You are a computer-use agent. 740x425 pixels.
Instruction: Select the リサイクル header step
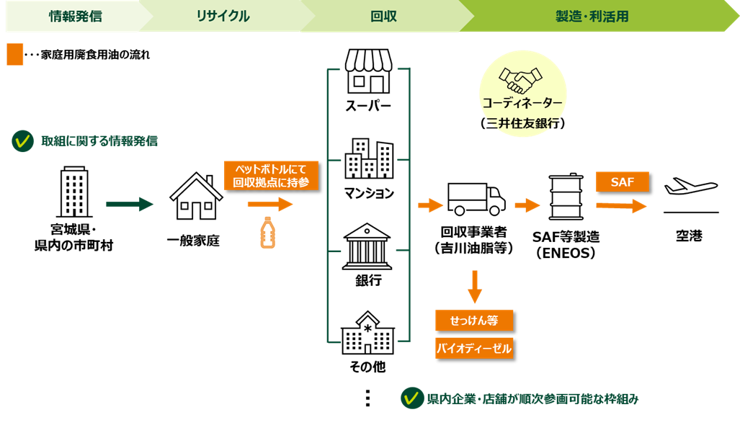click(x=223, y=16)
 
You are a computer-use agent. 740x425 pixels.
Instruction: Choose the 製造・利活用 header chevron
click(x=592, y=16)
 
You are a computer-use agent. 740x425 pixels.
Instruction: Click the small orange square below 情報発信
click(x=15, y=55)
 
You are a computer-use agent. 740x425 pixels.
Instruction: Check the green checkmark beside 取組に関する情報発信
click(x=22, y=141)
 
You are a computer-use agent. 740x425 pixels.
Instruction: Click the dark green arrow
click(x=130, y=205)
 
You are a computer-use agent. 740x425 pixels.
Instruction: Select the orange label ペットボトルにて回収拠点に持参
click(x=271, y=175)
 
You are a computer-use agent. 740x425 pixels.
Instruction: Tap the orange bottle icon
click(x=267, y=233)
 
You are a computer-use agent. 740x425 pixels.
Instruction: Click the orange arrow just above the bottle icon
click(x=270, y=205)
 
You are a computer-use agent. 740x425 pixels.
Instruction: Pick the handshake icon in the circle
click(x=522, y=78)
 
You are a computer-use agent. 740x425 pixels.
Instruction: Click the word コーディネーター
click(x=522, y=103)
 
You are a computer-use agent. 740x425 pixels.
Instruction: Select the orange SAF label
click(x=623, y=182)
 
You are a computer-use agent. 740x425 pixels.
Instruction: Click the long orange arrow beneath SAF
click(x=621, y=207)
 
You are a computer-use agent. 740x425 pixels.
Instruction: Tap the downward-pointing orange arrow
click(x=474, y=286)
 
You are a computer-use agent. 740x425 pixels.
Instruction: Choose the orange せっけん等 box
click(x=474, y=321)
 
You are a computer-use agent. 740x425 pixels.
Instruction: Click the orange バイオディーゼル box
click(x=474, y=349)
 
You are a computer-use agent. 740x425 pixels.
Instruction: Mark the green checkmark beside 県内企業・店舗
click(x=412, y=398)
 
